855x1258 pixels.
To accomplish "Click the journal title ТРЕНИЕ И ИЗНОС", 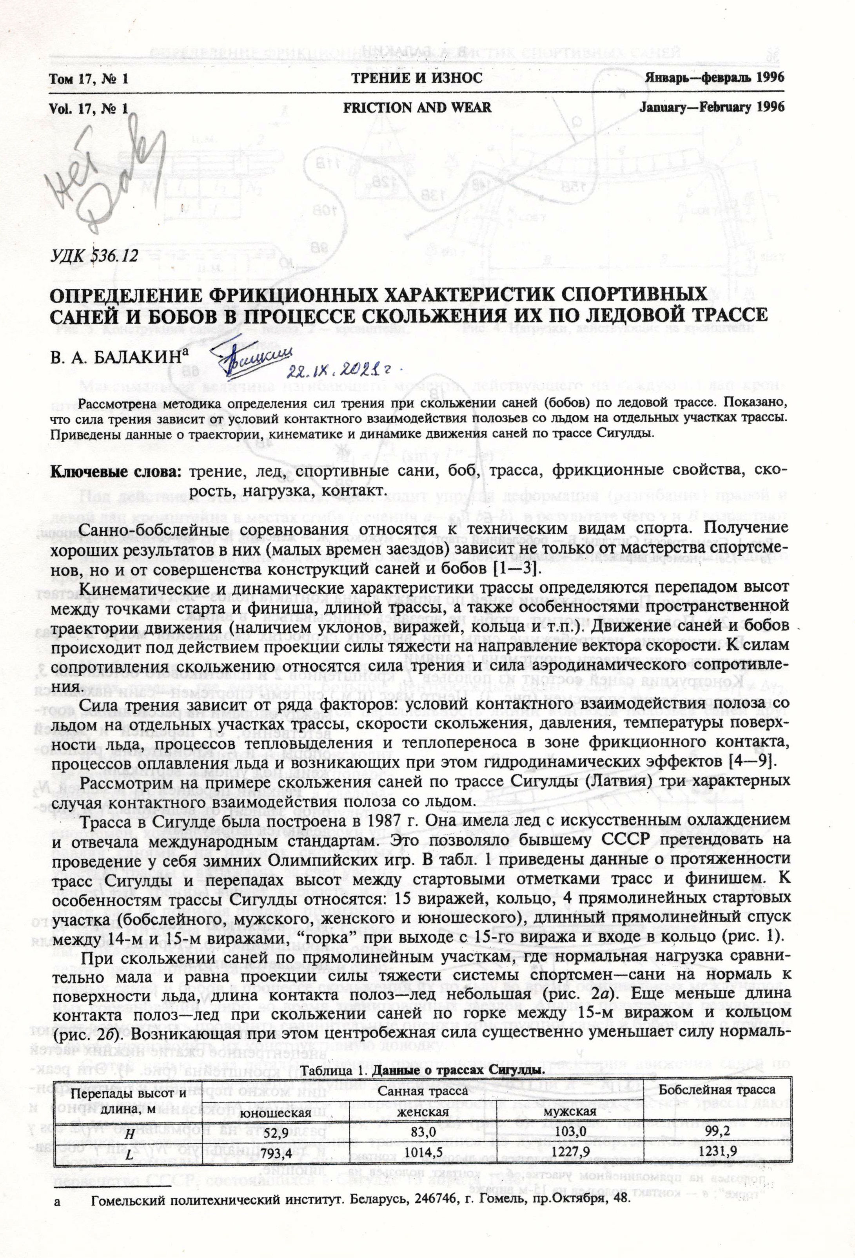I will pyautogui.click(x=417, y=78).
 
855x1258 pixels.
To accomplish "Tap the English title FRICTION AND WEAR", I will pyautogui.click(x=417, y=107).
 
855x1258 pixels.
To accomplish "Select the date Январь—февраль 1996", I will pyautogui.click(x=714, y=78).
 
